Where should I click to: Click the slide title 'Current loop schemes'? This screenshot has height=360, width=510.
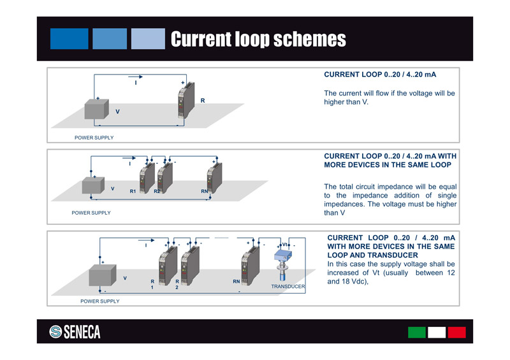[258, 40]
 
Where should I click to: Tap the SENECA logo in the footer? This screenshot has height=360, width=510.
[75, 332]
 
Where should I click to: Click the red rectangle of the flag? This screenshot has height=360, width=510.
[456, 332]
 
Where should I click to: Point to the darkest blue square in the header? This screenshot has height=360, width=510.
[69, 39]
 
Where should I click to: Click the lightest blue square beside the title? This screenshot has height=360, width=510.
[148, 39]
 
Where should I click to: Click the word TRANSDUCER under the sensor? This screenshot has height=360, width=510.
[288, 287]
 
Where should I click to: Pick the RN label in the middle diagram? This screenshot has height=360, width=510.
[205, 191]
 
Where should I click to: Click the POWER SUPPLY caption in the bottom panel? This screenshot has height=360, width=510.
[99, 301]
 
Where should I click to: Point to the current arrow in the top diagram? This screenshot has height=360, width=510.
[135, 77]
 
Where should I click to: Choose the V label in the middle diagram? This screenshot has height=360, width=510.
[112, 189]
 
